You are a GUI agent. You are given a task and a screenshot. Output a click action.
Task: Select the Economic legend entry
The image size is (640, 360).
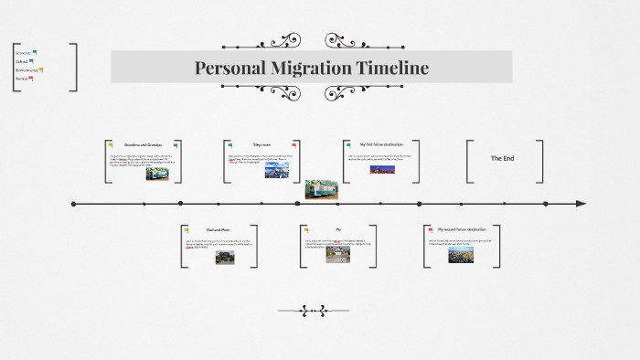25,52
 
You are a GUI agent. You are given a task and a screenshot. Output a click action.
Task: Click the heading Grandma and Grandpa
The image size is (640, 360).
143,145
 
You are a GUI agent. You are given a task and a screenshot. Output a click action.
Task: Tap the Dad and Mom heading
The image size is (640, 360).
218,229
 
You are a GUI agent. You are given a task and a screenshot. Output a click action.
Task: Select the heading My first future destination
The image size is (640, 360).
380,144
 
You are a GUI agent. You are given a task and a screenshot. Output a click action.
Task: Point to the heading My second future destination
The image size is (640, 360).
461,229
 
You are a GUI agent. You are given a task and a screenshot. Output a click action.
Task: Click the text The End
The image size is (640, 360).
503,158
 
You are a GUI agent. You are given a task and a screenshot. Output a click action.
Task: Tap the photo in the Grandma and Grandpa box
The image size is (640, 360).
156,174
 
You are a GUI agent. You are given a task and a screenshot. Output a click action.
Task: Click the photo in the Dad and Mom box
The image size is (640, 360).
225,258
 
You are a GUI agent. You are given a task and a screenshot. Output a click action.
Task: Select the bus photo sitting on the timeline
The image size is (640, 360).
322,188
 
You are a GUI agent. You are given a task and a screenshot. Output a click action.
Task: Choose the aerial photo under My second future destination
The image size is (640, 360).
460,255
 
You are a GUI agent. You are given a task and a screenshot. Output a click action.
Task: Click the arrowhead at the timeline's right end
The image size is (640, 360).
581,203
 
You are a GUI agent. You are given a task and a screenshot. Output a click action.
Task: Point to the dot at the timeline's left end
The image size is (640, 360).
72,203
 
